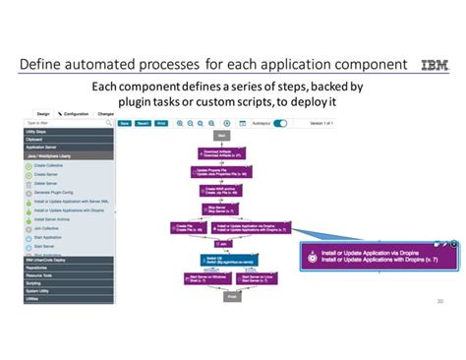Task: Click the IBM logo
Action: pos(433,65)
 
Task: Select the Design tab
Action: pos(43,114)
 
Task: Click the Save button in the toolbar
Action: pos(125,124)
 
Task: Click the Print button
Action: pos(161,124)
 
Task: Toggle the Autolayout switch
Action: pos(280,124)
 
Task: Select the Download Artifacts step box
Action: pos(221,153)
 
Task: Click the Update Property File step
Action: pos(221,171)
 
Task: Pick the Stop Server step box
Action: pos(221,210)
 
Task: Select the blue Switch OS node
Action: pos(221,260)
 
